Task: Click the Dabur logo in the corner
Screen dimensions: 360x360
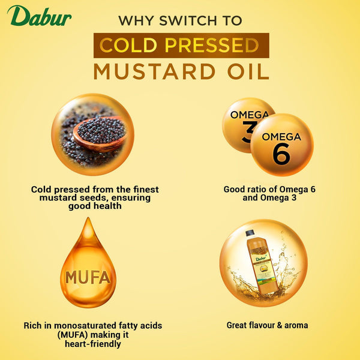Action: point(40,17)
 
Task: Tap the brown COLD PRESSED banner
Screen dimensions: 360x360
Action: point(180,46)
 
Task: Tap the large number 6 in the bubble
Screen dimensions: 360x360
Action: point(281,153)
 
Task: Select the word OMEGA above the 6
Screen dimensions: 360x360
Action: point(281,137)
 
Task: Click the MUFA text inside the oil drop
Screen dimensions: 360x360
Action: point(88,278)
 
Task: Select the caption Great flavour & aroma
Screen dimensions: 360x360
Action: point(267,325)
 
